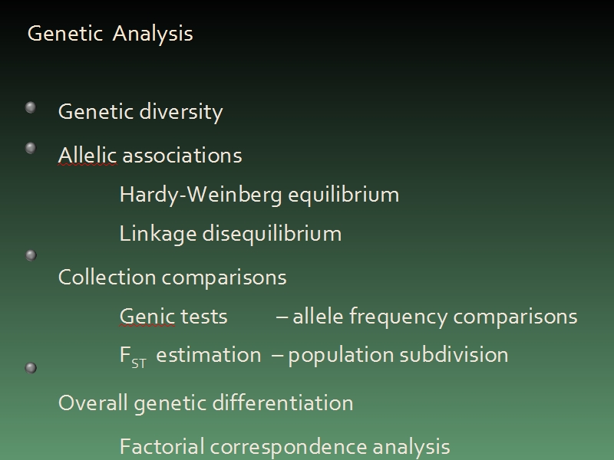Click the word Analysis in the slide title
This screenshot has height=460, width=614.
click(153, 34)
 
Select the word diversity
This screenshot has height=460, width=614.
click(181, 112)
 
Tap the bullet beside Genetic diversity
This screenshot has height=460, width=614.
click(31, 107)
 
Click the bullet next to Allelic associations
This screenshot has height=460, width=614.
click(31, 148)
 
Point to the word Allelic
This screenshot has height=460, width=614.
click(87, 156)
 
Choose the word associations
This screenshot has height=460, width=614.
click(183, 156)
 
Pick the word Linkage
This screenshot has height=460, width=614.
click(158, 234)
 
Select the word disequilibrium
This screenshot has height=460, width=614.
click(272, 234)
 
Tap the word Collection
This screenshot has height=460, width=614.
click(107, 278)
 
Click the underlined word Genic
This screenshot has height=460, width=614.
click(147, 316)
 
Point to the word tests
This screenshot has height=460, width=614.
click(204, 317)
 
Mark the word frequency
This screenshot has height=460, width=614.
click(398, 317)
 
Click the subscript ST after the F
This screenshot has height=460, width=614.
click(139, 364)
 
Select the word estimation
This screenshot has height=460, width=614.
click(209, 355)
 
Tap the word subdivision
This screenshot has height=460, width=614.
click(454, 355)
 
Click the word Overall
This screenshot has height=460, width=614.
click(93, 402)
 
